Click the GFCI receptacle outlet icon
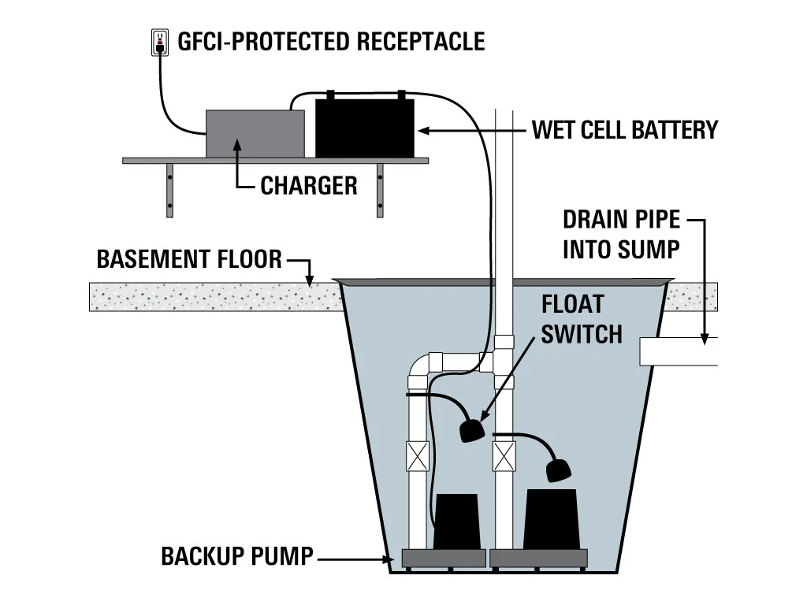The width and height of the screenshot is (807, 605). click(x=160, y=41)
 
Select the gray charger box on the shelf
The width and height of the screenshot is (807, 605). click(x=255, y=133)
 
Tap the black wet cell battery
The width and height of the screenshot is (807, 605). click(x=364, y=128)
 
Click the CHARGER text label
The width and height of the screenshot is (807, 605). click(x=308, y=186)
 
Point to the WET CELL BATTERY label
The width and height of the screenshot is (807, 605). click(x=625, y=129)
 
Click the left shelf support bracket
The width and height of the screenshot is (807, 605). click(x=169, y=190)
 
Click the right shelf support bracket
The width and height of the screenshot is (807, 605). click(x=380, y=190)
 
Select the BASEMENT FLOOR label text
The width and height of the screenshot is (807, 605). click(x=189, y=259)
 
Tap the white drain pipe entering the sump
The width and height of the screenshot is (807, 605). click(x=678, y=351)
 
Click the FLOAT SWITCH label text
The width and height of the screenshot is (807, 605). click(x=582, y=319)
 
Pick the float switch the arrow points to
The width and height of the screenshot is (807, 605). click(x=470, y=430)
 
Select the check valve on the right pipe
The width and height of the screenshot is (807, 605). click(x=503, y=456)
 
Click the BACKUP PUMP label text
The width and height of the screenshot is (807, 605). click(x=236, y=557)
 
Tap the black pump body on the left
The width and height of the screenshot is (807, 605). click(x=456, y=521)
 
